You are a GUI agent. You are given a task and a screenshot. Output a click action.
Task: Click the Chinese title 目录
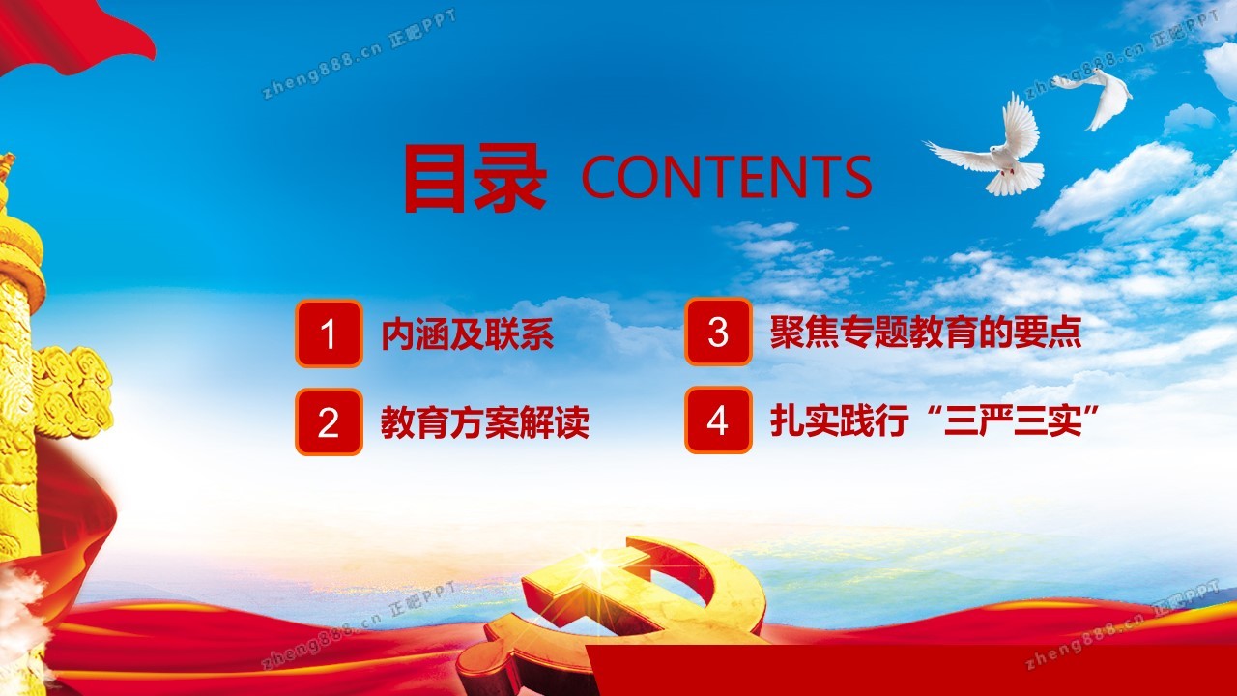[475, 178]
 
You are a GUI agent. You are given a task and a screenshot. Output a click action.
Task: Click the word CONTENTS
[727, 176]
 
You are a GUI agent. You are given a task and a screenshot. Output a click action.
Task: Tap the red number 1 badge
[329, 333]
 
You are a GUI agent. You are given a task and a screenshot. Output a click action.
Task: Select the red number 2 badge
[329, 422]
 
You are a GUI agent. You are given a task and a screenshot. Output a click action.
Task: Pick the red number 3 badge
[718, 332]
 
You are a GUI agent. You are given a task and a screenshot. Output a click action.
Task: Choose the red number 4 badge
[718, 420]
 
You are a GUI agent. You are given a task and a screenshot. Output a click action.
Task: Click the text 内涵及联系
[467, 334]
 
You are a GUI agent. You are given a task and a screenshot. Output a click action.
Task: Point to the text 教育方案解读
[485, 422]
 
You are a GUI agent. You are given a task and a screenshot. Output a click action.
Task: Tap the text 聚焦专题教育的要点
[926, 332]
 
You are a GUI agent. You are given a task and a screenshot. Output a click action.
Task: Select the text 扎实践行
[840, 420]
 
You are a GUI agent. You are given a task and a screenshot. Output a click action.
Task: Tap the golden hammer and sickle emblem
[613, 613]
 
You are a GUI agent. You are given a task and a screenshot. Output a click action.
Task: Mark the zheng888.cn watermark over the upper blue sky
[359, 54]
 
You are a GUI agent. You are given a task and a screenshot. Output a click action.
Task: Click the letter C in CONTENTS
[602, 177]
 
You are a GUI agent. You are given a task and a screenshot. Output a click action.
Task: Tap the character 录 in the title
[511, 178]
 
